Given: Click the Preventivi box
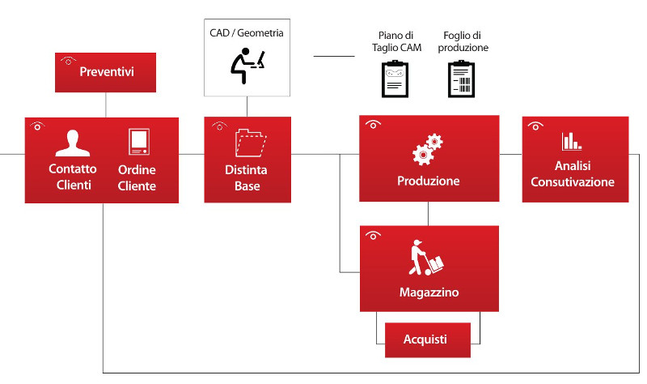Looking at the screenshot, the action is pyautogui.click(x=106, y=72).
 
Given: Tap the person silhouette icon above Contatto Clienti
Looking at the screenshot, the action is pyautogui.click(x=73, y=143).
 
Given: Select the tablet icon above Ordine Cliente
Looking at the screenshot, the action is pyautogui.click(x=139, y=142).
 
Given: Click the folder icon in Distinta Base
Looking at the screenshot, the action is pyautogui.click(x=251, y=143).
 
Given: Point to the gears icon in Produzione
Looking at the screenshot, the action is pyautogui.click(x=428, y=149).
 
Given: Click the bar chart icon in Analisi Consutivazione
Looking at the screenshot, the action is pyautogui.click(x=572, y=141).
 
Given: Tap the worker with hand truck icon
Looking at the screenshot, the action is pyautogui.click(x=426, y=258).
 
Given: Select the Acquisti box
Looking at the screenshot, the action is pyautogui.click(x=428, y=339).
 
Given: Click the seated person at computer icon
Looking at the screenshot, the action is pyautogui.click(x=247, y=66).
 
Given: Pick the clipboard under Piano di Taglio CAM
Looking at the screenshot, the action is pyautogui.click(x=395, y=79).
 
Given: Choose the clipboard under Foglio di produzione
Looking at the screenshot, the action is pyautogui.click(x=461, y=79).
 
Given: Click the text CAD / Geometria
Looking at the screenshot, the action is pyautogui.click(x=247, y=33).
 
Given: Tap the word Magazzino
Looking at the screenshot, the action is pyautogui.click(x=429, y=292).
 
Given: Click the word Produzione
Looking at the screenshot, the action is pyautogui.click(x=429, y=181).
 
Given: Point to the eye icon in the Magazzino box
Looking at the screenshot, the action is pyautogui.click(x=373, y=235).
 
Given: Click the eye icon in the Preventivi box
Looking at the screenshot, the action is pyautogui.click(x=68, y=61).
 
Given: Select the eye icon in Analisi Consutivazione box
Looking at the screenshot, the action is pyautogui.click(x=535, y=126).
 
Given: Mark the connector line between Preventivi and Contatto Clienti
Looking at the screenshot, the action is pyautogui.click(x=106, y=105).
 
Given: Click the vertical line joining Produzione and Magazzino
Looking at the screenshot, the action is pyautogui.click(x=429, y=214).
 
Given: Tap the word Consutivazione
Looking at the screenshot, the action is pyautogui.click(x=573, y=181).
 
